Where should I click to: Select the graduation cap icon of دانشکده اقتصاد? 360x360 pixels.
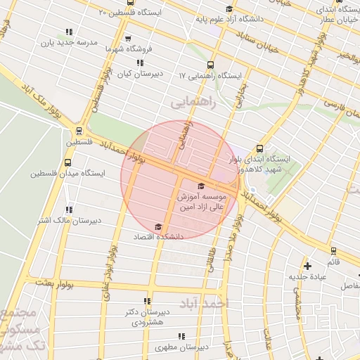[x=158, y=226]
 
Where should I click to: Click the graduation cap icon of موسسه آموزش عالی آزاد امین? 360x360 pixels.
[x=202, y=186]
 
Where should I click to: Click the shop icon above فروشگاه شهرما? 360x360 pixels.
[x=127, y=39]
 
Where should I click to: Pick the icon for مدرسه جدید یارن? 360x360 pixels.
[x=69, y=32]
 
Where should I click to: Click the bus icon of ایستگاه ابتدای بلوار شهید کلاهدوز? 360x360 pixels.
[x=260, y=148]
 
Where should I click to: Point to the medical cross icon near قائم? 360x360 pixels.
[x=307, y=266]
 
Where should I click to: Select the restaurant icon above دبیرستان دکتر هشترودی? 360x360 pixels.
[x=147, y=300]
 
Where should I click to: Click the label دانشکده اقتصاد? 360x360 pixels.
[x=159, y=237]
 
